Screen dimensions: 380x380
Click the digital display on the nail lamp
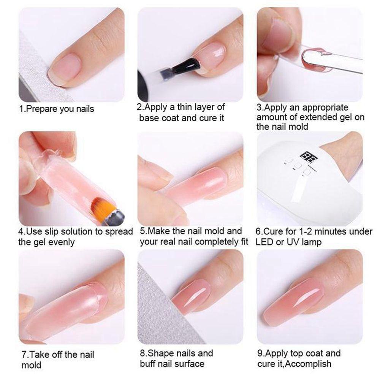coord(306,156)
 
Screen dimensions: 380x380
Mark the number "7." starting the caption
coord(25,355)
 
